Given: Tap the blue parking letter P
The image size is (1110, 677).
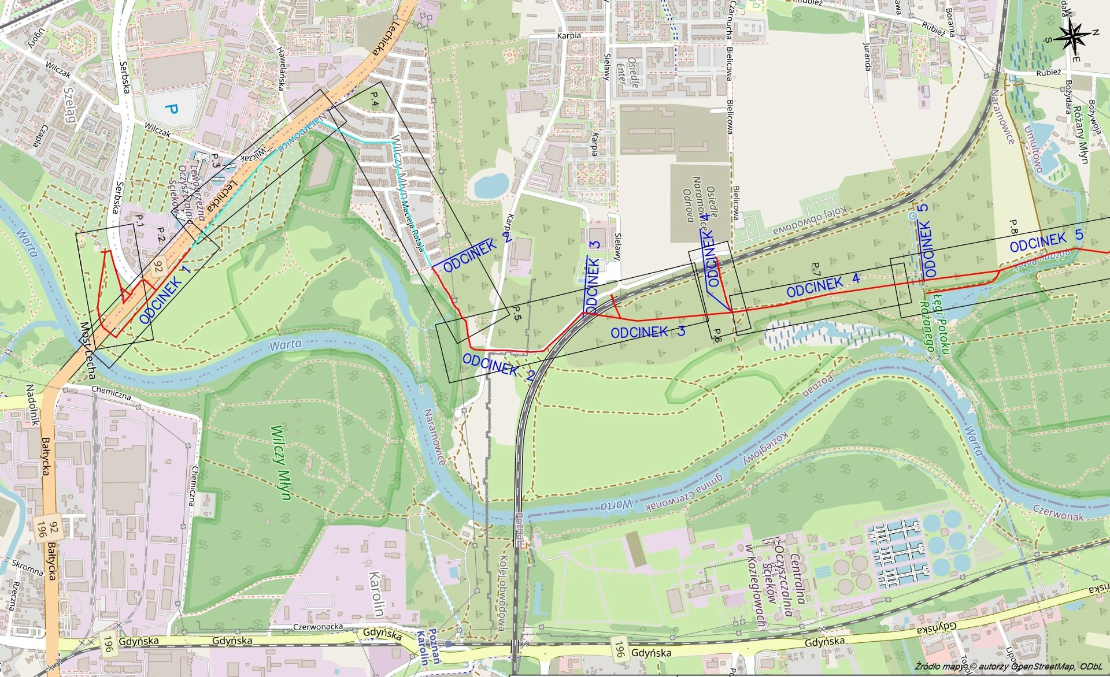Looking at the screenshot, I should [171, 108].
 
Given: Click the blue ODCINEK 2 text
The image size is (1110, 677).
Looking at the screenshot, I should [498, 366].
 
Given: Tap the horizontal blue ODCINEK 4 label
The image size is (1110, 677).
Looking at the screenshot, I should [823, 285].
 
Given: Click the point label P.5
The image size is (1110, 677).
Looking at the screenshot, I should [517, 314].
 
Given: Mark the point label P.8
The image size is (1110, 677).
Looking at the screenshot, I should [1013, 226].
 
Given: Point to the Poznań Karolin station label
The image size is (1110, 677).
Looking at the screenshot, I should [429, 646].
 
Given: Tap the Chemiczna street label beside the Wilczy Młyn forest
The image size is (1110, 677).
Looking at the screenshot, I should [194, 485].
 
